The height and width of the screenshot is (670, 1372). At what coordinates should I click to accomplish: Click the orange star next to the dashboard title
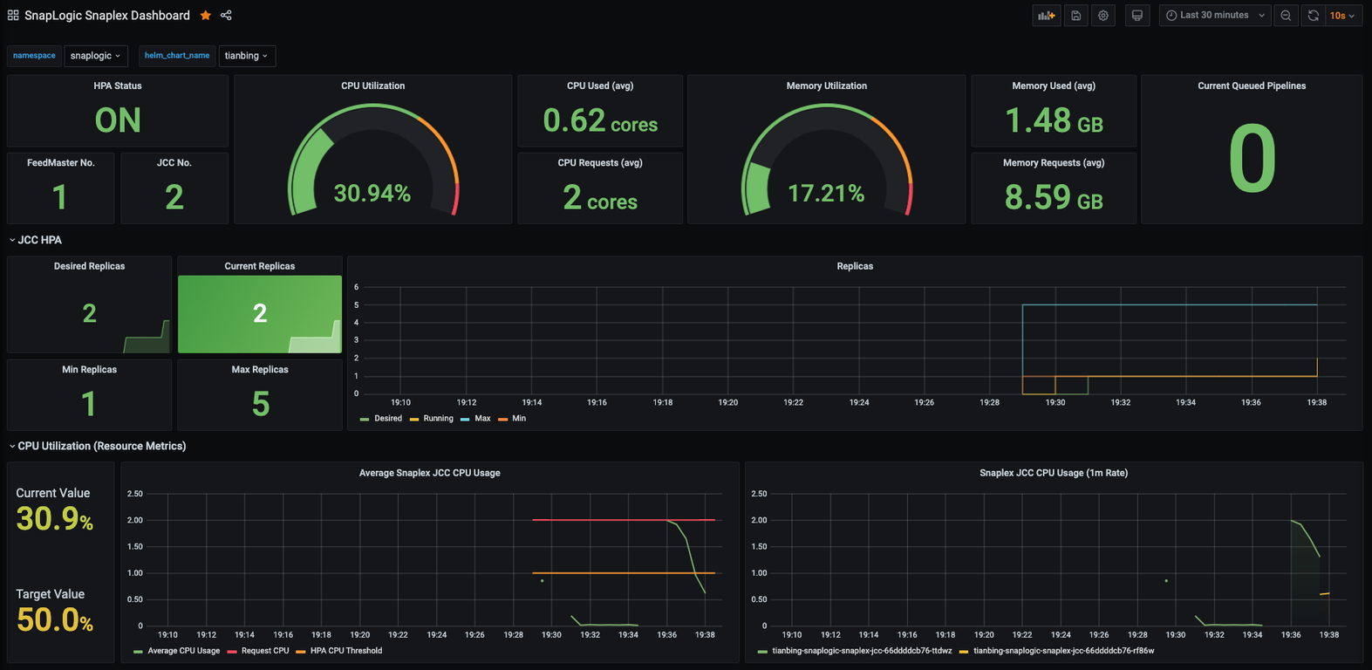(206, 16)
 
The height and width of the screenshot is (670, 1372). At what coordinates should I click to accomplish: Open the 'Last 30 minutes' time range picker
(1215, 16)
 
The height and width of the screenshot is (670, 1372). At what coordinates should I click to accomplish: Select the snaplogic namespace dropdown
(96, 56)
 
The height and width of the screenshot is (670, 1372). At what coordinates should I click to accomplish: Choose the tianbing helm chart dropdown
(246, 56)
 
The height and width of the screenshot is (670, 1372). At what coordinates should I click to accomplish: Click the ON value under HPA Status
(118, 120)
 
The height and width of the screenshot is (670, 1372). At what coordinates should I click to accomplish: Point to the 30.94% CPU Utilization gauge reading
(372, 194)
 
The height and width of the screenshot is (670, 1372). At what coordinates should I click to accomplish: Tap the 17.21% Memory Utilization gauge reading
(826, 194)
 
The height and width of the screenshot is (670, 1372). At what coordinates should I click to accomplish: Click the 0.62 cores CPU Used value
(600, 120)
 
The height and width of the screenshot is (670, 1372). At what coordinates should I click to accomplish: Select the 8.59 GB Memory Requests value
(1054, 197)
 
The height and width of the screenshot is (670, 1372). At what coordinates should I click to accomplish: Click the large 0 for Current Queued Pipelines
(1252, 158)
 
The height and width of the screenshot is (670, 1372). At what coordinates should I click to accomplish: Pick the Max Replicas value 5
(260, 404)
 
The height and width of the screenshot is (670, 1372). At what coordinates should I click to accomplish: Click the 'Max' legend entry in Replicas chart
(476, 418)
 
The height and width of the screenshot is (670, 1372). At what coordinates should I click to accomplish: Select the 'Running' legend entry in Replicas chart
(432, 418)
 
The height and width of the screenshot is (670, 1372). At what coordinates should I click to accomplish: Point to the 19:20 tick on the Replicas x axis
(727, 402)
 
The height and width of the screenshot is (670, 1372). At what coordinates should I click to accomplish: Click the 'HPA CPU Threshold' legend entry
(339, 651)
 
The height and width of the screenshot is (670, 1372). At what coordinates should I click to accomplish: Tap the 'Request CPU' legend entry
(258, 651)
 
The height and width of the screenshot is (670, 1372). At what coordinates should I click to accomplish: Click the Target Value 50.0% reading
(54, 619)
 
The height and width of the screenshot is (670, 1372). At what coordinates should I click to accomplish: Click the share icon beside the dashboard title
(226, 16)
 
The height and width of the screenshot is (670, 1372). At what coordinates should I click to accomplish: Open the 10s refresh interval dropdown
(1342, 16)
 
